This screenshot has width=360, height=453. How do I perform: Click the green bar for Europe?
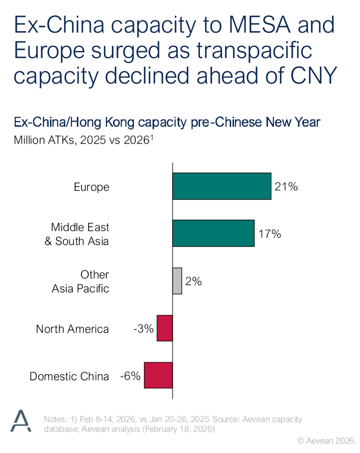click(221, 186)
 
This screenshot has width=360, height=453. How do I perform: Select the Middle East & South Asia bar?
click(213, 233)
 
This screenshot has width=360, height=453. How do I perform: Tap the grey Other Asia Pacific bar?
click(177, 281)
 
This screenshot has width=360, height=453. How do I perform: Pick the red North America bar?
click(165, 328)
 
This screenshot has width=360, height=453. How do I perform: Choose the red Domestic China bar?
click(158, 375)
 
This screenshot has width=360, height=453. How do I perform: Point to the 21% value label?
click(286, 187)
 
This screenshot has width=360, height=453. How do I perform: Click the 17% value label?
click(269, 234)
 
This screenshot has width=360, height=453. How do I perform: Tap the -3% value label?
click(143, 329)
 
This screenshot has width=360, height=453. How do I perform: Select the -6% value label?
click(130, 376)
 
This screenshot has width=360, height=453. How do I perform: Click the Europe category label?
click(92, 187)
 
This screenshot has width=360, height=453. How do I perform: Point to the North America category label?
click(72, 329)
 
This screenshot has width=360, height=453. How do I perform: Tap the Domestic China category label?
click(69, 376)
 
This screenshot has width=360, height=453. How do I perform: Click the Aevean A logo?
click(21, 421)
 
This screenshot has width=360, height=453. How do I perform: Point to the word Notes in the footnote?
click(54, 419)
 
